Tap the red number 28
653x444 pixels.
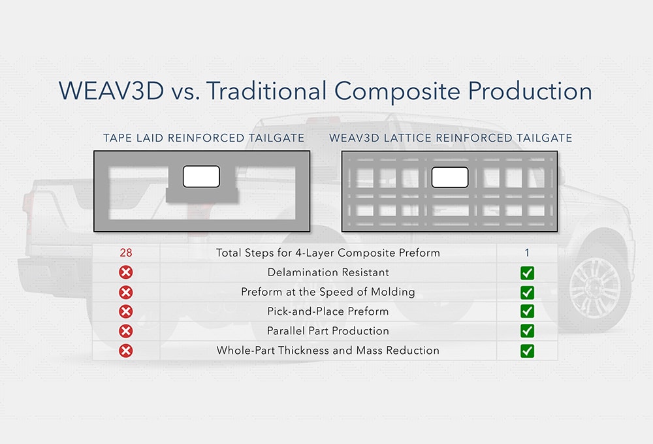[x=126, y=253]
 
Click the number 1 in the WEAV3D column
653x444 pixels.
[x=527, y=253]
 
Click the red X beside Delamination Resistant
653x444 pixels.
[x=126, y=273]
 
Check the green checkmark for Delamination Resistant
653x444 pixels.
[x=528, y=273]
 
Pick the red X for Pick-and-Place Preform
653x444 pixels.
[x=126, y=311]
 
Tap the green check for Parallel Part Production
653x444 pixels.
[x=528, y=331]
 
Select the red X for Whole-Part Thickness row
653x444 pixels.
[x=126, y=351]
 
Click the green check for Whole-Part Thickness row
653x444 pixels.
[x=528, y=351]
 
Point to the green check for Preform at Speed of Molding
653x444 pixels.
[x=528, y=293]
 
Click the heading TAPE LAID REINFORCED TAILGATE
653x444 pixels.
[x=204, y=138]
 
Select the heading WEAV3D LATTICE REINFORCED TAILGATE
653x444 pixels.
[x=451, y=138]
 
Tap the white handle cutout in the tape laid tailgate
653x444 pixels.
[x=201, y=176]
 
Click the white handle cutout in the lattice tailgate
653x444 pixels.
[x=450, y=177]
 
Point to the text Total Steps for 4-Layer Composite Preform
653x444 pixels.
[x=328, y=253]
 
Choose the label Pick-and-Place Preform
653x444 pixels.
[x=328, y=311]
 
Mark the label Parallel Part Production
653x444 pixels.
[x=328, y=331]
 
